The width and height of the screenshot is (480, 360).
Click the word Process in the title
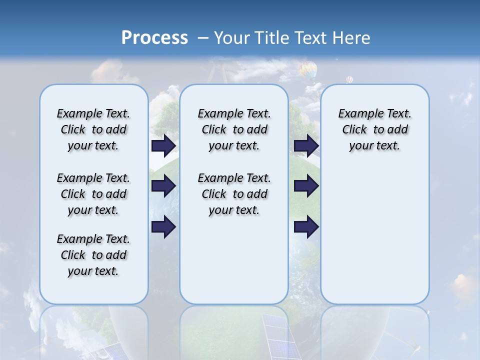click(x=154, y=37)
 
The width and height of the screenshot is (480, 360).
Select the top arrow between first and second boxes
click(x=163, y=145)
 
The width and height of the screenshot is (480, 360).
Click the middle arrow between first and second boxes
click(x=163, y=186)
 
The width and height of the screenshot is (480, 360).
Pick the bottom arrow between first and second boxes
click(x=163, y=227)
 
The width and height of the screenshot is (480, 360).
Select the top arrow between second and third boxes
click(x=306, y=145)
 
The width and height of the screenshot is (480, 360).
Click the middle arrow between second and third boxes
click(x=306, y=186)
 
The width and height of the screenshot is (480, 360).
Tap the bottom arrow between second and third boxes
click(x=306, y=227)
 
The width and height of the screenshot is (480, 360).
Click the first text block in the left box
click(x=93, y=129)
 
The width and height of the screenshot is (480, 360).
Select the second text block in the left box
click(x=93, y=194)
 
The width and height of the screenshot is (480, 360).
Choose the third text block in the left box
click(x=93, y=255)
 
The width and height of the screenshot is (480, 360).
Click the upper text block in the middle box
click(x=234, y=129)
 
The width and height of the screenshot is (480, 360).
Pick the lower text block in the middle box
click(x=234, y=194)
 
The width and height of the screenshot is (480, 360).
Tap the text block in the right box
click(x=375, y=129)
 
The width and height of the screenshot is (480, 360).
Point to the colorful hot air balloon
click(x=308, y=69)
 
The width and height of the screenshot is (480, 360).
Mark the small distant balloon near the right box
click(x=349, y=79)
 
